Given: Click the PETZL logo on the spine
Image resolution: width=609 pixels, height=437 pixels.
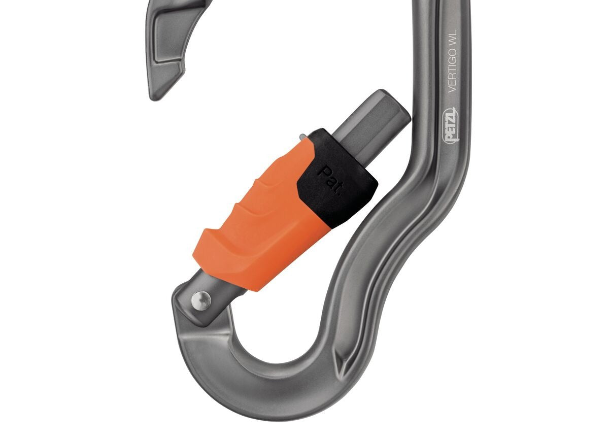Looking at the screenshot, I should click(x=453, y=124).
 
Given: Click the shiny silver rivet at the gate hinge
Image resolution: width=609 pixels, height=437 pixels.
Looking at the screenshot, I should click(x=203, y=300).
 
